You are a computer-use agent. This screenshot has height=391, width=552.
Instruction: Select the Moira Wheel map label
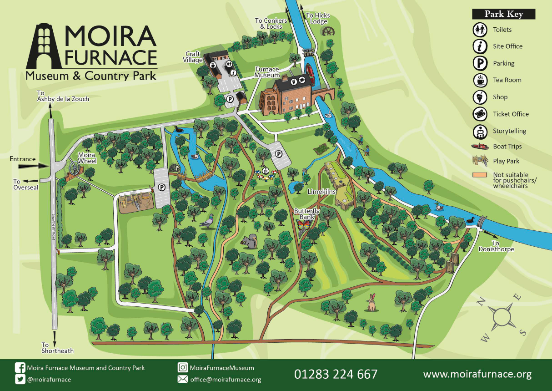click(x=86, y=158)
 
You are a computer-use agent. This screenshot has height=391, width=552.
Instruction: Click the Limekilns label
click(x=321, y=192)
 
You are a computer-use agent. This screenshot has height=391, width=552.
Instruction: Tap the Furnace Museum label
click(x=267, y=72)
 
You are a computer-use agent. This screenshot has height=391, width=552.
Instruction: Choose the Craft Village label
click(x=192, y=57)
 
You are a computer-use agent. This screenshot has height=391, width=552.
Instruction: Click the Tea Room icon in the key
click(x=480, y=80)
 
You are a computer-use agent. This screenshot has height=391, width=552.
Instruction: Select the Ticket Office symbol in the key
click(x=480, y=114)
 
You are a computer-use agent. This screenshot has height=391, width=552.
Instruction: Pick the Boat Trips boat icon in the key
click(x=480, y=147)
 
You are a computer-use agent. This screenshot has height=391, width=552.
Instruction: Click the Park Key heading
click(x=503, y=14)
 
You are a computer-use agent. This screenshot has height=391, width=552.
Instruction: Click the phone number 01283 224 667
click(x=336, y=374)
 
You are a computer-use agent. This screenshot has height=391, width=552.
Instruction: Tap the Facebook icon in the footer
click(x=20, y=368)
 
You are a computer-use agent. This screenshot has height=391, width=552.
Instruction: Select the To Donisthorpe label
click(x=496, y=246)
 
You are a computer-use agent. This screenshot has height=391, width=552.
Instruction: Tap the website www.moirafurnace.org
click(x=477, y=374)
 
